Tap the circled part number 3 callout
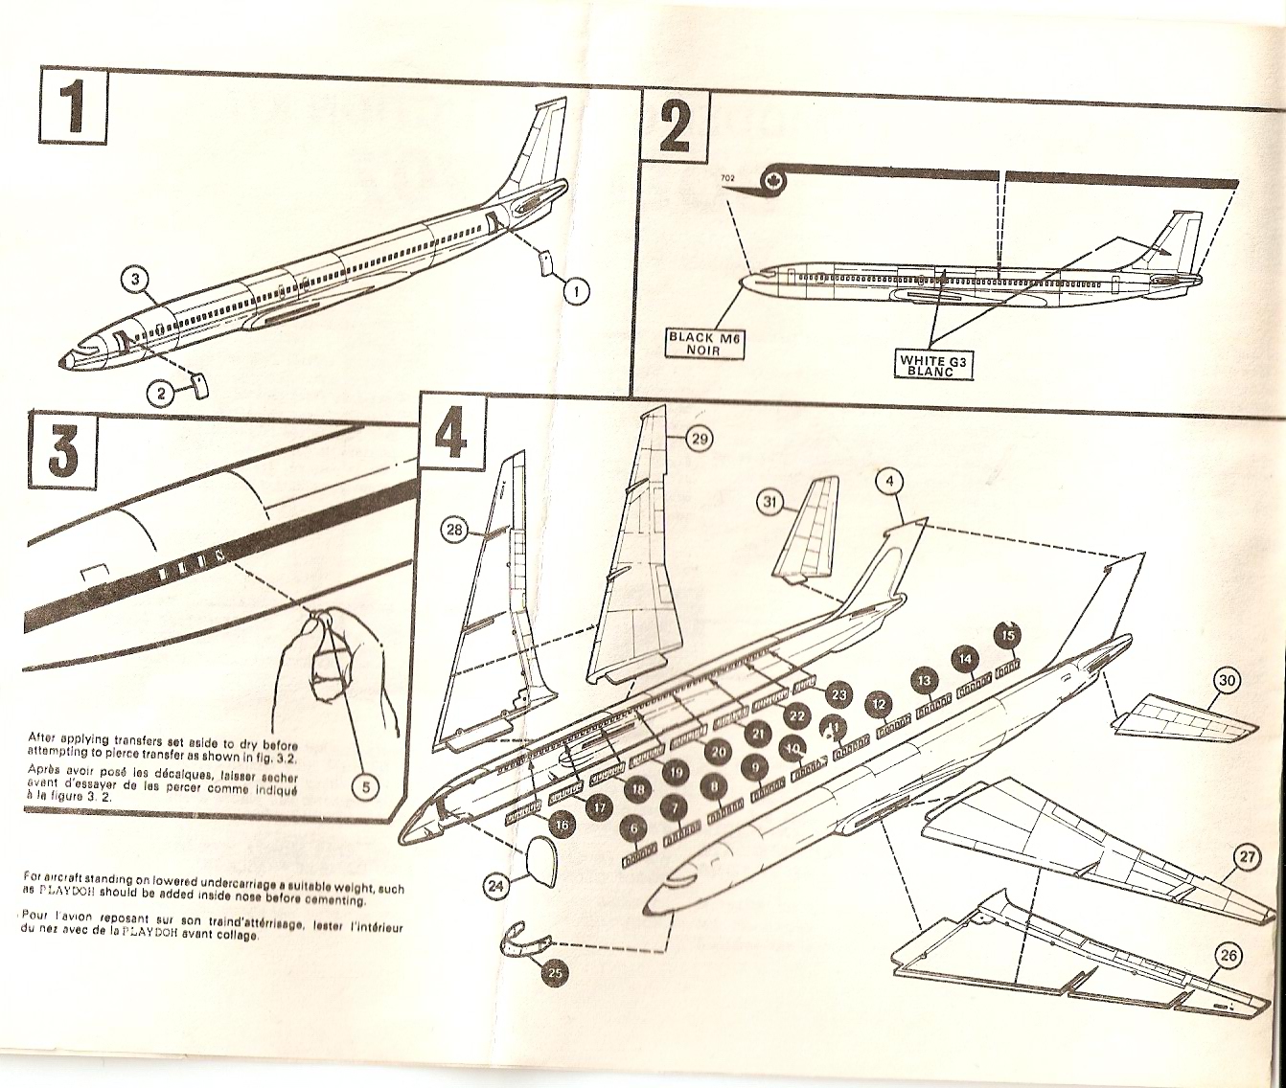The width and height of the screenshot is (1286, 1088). [x=137, y=279]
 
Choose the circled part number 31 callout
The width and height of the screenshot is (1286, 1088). [x=769, y=500]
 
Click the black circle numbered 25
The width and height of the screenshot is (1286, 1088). [x=555, y=973]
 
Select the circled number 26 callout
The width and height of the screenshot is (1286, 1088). [x=1226, y=955]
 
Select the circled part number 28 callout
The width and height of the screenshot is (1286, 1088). [x=455, y=526]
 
